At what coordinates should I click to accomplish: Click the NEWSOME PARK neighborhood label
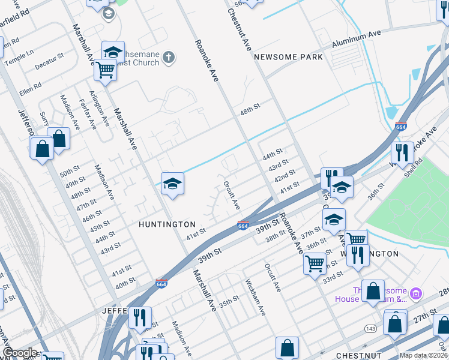289,57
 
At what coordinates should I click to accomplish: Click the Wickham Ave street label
255,297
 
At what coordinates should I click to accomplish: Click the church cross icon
169,58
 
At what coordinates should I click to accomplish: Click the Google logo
20,353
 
